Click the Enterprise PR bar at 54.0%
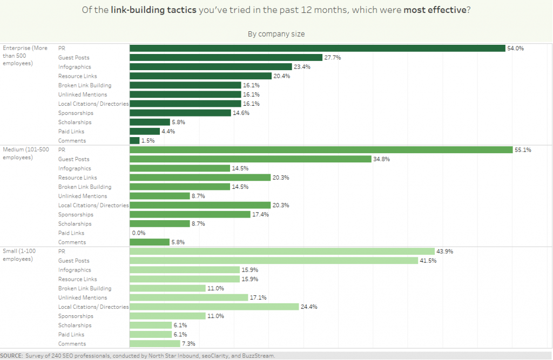317,48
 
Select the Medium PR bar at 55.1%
321,150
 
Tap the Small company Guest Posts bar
274,261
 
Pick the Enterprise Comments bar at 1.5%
134,140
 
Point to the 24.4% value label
309,307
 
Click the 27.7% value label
332,57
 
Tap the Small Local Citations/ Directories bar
214,307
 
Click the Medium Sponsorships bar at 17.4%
190,214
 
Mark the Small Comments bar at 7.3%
154,343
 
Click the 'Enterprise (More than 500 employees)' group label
25,56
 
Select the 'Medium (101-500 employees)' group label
25,153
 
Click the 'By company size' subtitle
276,34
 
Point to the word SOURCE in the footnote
11,356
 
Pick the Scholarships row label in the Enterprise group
76,122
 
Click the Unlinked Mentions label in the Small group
83,297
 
